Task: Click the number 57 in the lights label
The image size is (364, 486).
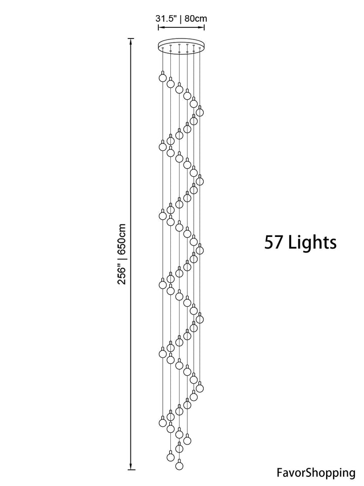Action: (274, 242)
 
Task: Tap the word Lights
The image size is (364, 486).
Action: (312, 242)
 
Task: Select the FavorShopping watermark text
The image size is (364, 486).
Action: (316, 473)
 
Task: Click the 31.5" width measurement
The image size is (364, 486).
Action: (166, 18)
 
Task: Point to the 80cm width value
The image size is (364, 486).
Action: (196, 18)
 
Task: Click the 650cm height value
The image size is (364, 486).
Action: (122, 239)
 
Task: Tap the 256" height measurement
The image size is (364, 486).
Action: (122, 274)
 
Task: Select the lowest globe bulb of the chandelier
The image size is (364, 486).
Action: (179, 465)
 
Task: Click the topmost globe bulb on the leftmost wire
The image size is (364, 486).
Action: (162, 77)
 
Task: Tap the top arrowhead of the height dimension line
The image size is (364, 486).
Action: (131, 41)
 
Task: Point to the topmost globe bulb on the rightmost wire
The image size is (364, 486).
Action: (200, 111)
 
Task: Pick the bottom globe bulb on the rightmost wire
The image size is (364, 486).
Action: (200, 387)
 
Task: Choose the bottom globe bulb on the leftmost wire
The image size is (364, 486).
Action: (162, 422)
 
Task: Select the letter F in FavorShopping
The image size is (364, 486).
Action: (280, 473)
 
